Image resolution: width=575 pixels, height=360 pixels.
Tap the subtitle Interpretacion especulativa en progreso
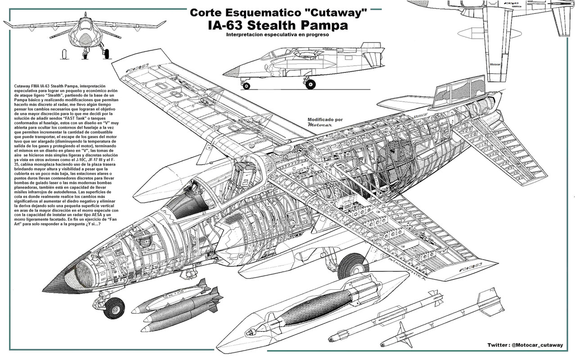click(x=278, y=35)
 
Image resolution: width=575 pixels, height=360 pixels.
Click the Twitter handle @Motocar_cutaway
click(x=536, y=345)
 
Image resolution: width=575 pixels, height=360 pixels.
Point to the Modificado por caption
click(x=325, y=120)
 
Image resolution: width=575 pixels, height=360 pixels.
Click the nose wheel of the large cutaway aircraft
click(x=114, y=308)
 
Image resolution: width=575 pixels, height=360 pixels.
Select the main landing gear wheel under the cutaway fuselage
click(x=353, y=266)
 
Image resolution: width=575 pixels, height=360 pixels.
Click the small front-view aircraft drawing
click(x=85, y=36)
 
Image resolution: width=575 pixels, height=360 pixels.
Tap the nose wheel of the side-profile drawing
click(x=246, y=85)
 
